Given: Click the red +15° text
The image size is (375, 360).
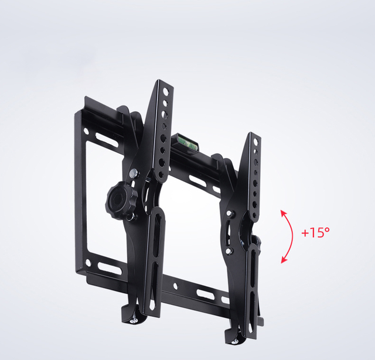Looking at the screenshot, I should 315,232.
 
